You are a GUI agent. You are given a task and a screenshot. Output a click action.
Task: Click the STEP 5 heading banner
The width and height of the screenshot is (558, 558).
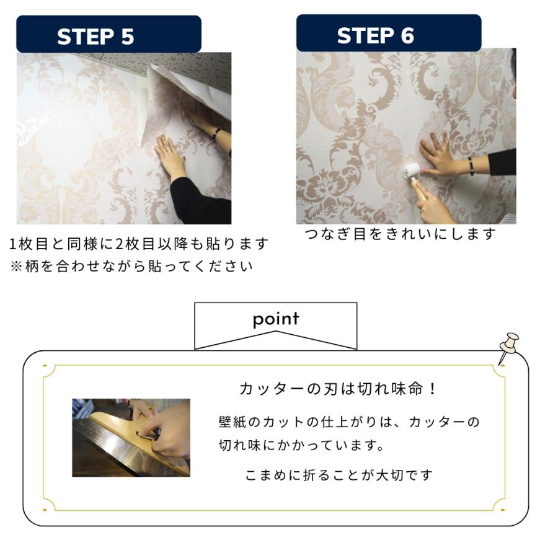[x=108, y=35]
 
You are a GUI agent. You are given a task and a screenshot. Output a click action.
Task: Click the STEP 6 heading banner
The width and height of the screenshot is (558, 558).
[x=388, y=34]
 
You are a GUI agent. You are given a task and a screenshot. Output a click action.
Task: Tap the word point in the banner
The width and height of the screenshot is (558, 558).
[x=276, y=319]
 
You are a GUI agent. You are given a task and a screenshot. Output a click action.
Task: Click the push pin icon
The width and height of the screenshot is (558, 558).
[x=508, y=345]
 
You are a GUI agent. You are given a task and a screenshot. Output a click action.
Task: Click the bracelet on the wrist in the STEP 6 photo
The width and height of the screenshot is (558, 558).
[x=471, y=166]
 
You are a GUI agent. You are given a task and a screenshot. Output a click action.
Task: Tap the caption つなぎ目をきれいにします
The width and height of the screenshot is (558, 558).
[x=401, y=234]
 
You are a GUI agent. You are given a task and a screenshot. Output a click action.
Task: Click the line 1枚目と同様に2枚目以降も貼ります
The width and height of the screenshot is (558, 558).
[x=139, y=244]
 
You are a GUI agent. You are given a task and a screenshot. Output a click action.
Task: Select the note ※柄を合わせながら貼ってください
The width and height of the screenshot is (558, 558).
[x=131, y=267]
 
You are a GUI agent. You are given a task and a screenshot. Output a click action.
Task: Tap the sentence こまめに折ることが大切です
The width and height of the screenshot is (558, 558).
[x=339, y=475]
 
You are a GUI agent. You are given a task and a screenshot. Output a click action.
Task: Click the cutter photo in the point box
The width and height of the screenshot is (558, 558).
[x=131, y=438]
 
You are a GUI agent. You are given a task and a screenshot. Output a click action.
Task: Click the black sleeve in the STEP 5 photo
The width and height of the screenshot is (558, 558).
[x=198, y=205]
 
